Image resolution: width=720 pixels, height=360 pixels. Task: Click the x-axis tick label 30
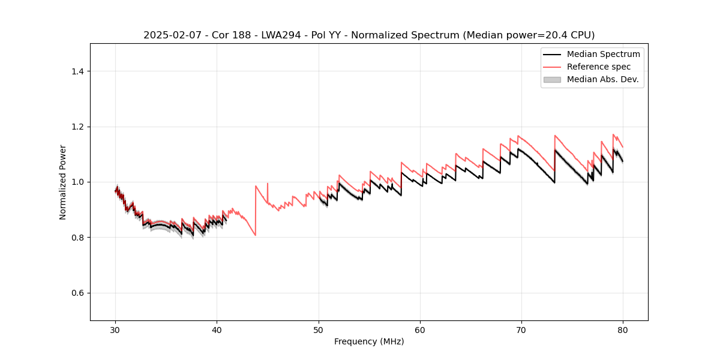[x=116, y=329]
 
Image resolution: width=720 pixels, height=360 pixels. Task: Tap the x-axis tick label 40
[x=217, y=329]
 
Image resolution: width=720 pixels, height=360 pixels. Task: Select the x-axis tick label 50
[x=319, y=329]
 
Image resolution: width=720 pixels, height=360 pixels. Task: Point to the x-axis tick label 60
[x=420, y=329]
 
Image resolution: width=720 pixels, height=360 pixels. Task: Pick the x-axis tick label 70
[x=521, y=329]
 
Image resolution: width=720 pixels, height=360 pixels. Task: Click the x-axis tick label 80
[x=623, y=329]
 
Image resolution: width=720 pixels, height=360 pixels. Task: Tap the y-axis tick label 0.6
[x=77, y=293]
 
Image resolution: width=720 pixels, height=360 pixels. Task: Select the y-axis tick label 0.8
[x=77, y=238]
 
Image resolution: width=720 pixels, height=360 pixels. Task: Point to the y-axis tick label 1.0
[x=77, y=182]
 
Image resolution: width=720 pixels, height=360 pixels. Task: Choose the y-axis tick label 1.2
[x=77, y=127]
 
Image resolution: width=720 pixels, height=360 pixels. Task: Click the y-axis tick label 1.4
[x=77, y=71]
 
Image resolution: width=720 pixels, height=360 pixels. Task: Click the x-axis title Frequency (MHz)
[x=369, y=341]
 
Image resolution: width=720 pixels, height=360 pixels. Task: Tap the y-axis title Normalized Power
[x=62, y=182]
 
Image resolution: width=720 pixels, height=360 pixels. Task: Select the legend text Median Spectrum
[x=603, y=54]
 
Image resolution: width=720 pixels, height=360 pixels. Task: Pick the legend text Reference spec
[x=599, y=67]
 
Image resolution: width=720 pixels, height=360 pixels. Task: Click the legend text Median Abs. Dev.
[x=603, y=79]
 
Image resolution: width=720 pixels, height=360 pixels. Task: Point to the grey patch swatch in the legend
[x=552, y=79]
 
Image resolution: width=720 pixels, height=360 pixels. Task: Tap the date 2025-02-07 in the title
[x=169, y=35]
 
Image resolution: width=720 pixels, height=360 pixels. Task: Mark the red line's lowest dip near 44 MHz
[x=256, y=235]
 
